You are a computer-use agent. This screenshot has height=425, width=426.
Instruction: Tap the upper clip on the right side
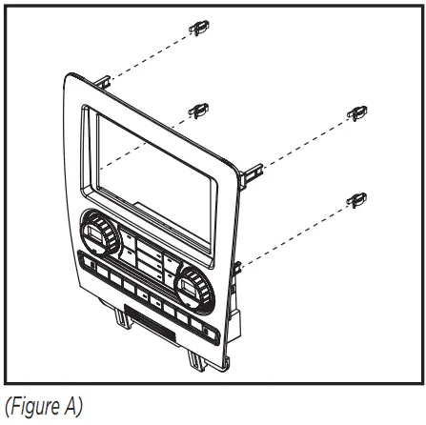point(358,114)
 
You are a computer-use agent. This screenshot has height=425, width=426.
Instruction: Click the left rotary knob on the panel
point(96,233)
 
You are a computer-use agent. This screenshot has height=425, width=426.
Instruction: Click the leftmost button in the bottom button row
point(90,263)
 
